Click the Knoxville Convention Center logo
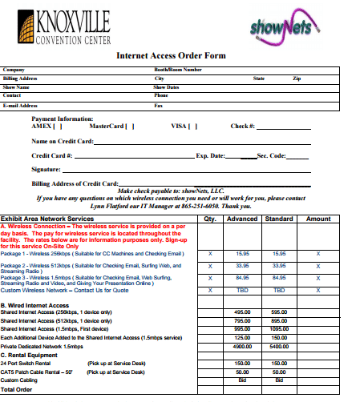coord(62,27)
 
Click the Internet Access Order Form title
coord(172,56)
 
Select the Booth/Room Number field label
coord(177,70)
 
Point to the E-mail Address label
coord(21,105)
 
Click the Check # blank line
coord(282,127)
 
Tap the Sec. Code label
coord(271,155)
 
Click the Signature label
coord(47,170)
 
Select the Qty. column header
coord(210,218)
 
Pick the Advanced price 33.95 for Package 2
coord(243,265)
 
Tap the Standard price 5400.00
coord(279,347)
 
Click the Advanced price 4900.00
coord(243,347)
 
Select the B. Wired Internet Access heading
coord(35,305)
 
